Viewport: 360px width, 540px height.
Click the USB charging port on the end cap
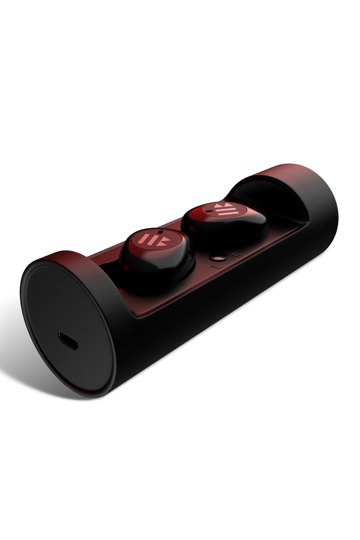coord(68,341)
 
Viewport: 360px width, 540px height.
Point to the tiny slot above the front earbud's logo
coord(159,232)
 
